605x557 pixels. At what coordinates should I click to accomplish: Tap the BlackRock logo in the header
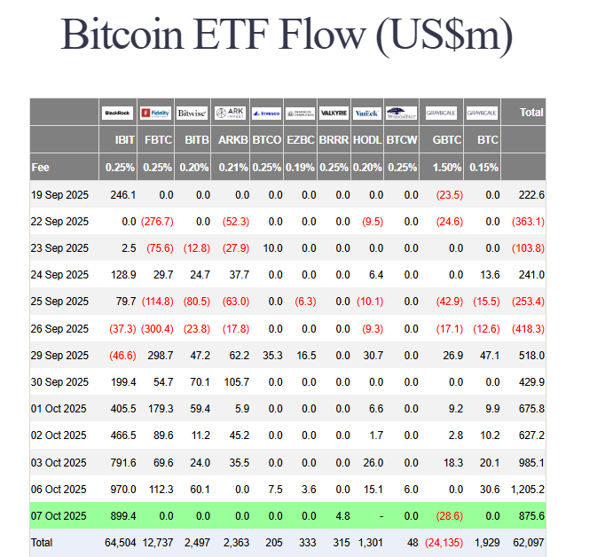(x=117, y=113)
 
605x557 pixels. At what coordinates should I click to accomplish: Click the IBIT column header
(x=125, y=140)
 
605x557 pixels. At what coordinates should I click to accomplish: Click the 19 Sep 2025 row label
(x=59, y=194)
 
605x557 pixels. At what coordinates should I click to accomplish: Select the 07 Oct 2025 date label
(x=59, y=515)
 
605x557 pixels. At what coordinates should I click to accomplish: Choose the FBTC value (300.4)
(x=156, y=328)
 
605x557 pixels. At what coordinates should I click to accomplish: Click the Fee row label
(x=41, y=167)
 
